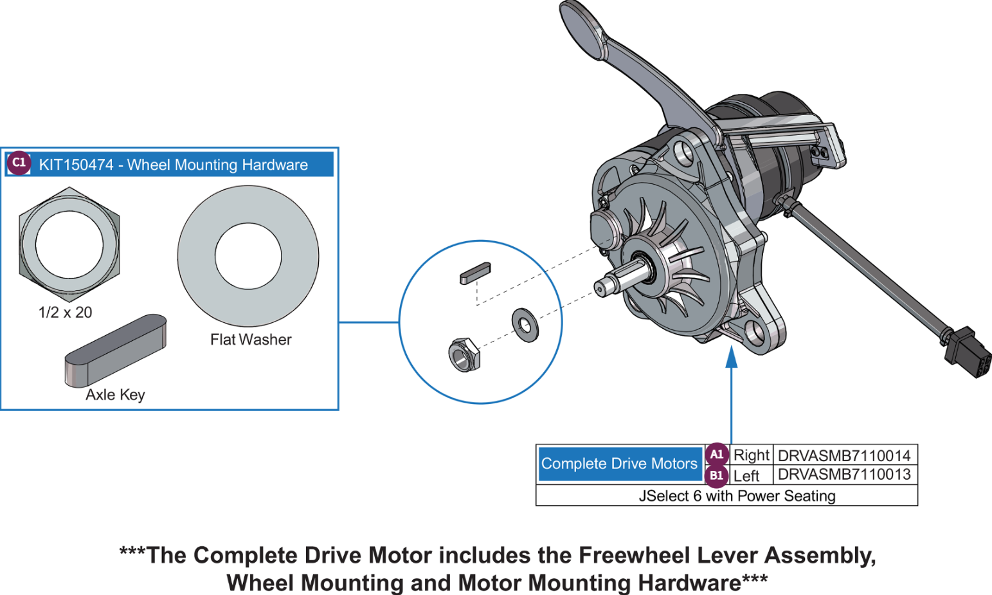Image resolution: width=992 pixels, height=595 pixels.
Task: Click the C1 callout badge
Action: (19, 163)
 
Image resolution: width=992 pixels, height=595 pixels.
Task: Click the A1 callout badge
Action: (716, 454)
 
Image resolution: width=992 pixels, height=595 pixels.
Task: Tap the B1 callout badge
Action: (716, 476)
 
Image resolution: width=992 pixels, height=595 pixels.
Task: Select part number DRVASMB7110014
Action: (843, 455)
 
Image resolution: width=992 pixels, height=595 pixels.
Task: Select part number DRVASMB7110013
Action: (843, 475)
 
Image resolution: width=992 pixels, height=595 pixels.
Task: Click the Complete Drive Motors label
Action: (619, 464)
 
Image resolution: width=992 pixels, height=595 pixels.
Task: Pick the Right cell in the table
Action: (751, 455)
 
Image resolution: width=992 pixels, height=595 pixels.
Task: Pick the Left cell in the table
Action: (746, 476)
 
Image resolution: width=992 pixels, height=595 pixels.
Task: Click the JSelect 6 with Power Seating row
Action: (737, 496)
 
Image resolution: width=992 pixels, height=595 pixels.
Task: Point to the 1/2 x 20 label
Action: (65, 313)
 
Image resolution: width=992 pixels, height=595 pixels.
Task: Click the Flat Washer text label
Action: (251, 340)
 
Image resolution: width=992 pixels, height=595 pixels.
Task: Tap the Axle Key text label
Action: (115, 395)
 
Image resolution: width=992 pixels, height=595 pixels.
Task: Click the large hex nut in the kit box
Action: (69, 244)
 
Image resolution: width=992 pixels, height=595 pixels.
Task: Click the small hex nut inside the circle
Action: (463, 354)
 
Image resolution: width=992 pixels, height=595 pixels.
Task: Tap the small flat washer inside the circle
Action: (525, 325)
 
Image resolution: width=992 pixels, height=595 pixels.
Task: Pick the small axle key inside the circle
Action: (475, 273)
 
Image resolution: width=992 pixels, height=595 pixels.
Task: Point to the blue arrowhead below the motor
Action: (731, 358)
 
